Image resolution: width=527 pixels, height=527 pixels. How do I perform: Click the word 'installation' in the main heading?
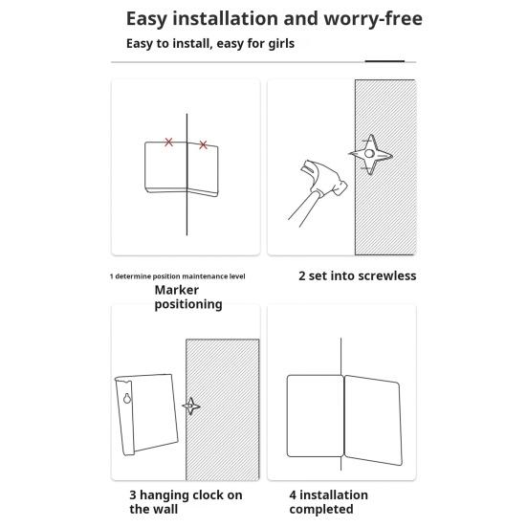coord(226,18)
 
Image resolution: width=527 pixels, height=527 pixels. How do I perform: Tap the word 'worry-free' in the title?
coord(373,18)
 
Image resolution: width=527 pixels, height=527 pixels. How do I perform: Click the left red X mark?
coord(168,143)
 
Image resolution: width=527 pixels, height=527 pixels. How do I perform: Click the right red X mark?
coord(203,144)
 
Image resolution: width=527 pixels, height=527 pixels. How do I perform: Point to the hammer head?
coord(323,178)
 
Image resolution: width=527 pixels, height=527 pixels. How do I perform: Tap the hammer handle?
coord(301,209)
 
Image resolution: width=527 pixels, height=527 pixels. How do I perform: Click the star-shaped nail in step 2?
coord(370,155)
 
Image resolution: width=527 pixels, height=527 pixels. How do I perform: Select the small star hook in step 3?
coord(191,406)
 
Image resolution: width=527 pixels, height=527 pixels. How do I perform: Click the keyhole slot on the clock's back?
coord(126,398)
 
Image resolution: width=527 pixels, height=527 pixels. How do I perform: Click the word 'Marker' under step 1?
coord(176,290)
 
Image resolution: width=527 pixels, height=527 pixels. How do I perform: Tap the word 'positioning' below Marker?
coord(188,304)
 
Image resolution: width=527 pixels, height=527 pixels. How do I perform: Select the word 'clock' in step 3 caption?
coord(205,495)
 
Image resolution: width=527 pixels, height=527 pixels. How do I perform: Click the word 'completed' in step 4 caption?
coord(321,509)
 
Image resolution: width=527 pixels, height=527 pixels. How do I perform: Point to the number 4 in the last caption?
coord(293,495)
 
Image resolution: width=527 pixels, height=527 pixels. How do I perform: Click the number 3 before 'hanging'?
coord(133,495)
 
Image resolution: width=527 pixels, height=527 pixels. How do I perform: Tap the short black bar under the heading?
coord(384,61)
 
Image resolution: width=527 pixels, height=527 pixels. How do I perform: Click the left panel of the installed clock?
coord(315,416)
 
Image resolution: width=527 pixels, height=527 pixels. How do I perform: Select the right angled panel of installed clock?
coord(373,420)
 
